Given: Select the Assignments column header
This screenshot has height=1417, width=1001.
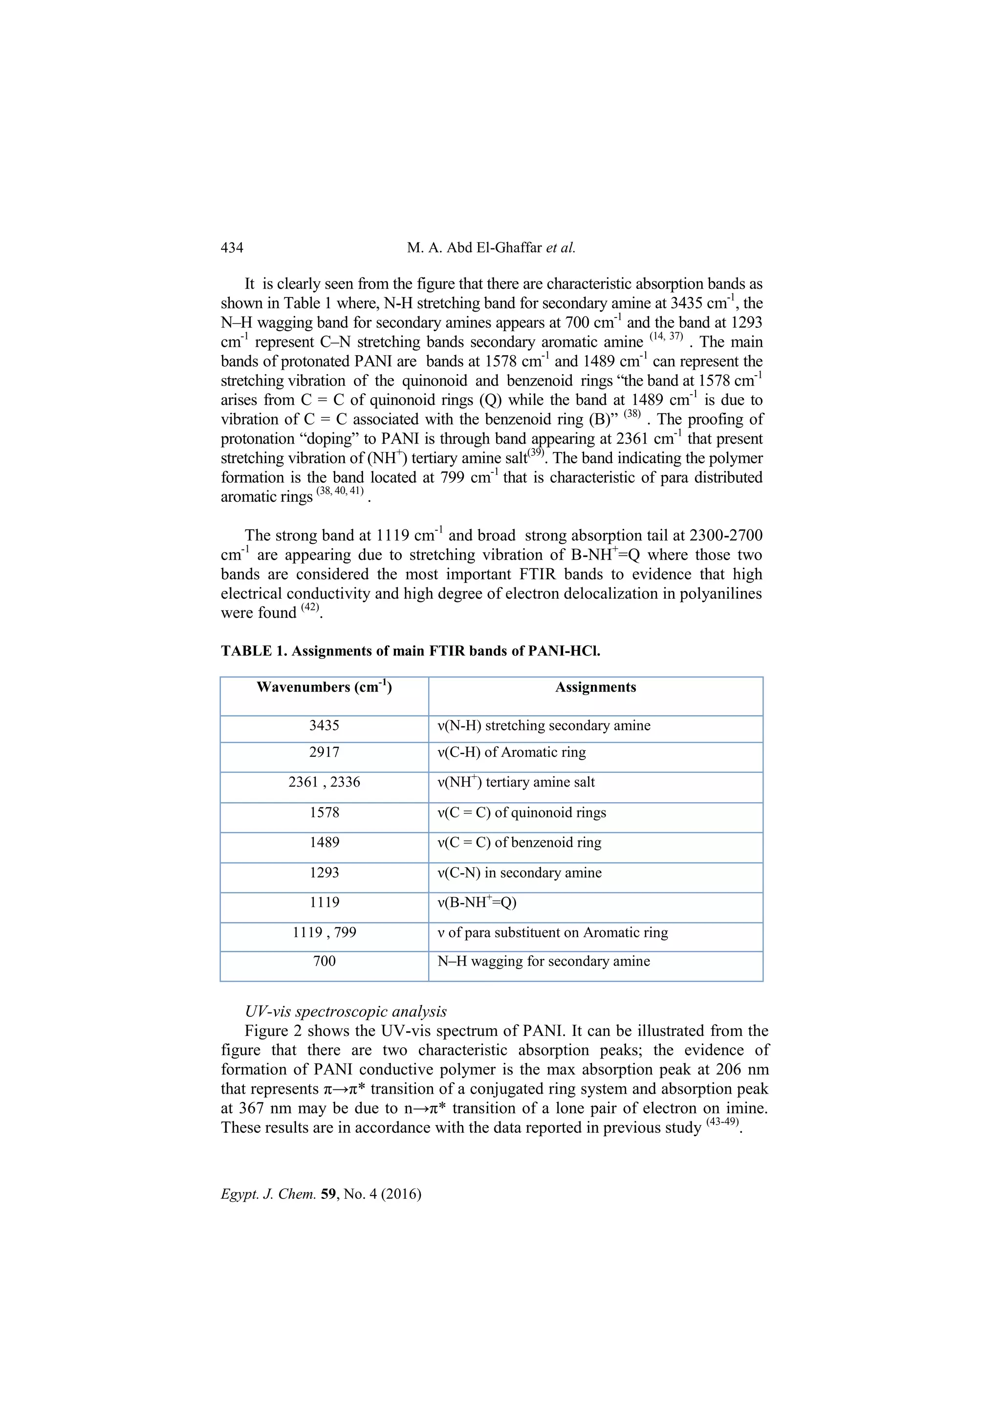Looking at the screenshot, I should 595,688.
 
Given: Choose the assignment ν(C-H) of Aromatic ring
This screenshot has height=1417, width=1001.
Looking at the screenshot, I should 511,752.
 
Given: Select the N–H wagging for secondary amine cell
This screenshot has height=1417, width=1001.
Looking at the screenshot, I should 544,962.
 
